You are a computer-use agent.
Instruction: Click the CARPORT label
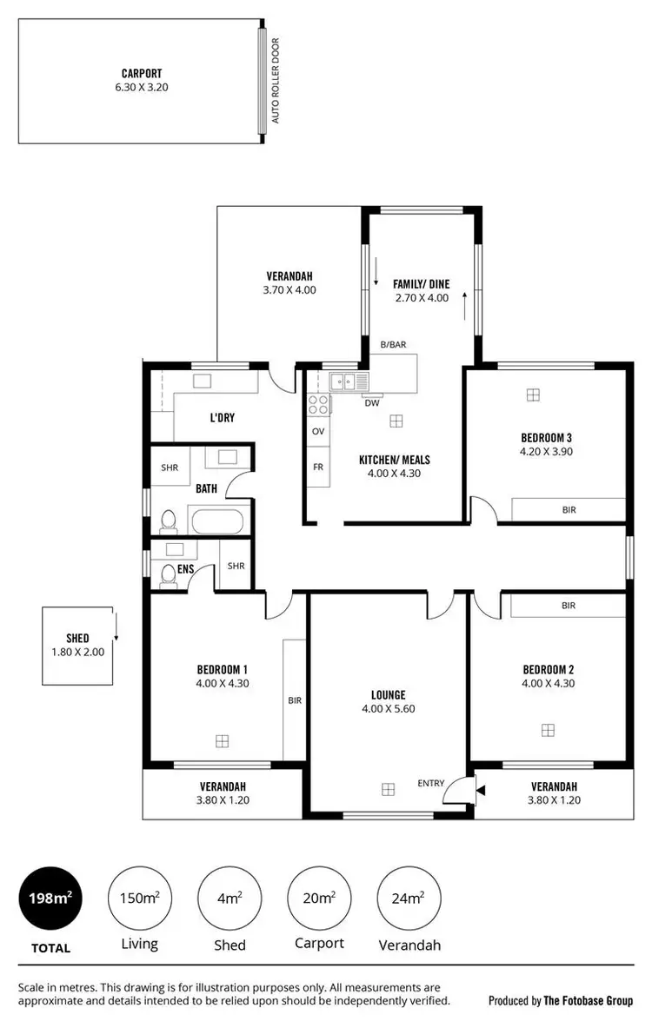141,74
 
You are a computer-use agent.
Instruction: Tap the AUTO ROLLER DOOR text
276,80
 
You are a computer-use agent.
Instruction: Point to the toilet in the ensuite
169,577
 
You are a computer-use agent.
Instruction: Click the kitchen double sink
348,381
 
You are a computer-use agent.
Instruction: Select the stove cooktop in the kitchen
318,404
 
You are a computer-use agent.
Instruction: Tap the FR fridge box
318,467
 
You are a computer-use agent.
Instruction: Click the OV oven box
318,431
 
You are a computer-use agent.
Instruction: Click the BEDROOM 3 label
546,437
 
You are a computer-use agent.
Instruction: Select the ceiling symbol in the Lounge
388,789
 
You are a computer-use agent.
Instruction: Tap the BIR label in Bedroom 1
295,700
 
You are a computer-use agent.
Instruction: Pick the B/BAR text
393,345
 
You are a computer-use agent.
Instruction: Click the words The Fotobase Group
588,1001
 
